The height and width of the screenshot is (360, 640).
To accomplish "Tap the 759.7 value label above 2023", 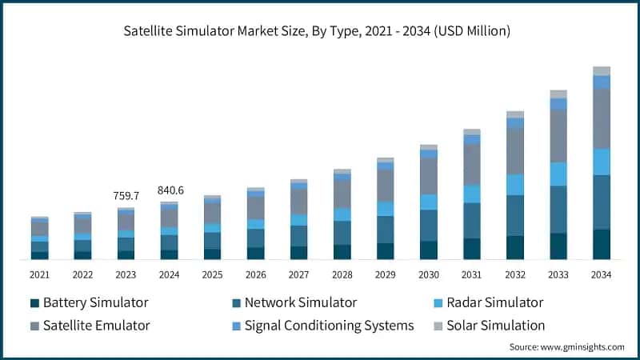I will pyautogui.click(x=126, y=195).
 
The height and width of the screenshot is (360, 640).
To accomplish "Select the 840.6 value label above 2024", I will pyautogui.click(x=169, y=190).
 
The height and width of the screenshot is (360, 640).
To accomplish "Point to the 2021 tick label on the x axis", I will pyautogui.click(x=39, y=274).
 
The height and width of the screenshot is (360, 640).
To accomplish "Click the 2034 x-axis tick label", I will pyautogui.click(x=601, y=274).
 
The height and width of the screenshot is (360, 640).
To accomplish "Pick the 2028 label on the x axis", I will pyautogui.click(x=342, y=274).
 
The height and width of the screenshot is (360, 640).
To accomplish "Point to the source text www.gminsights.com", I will pyautogui.click(x=566, y=347).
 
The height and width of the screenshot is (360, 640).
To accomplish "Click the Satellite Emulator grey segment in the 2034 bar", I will pyautogui.click(x=601, y=118).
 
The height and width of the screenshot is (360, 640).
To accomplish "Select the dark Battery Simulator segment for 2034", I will pyautogui.click(x=601, y=244).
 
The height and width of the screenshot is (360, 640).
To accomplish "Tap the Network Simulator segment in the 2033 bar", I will pyautogui.click(x=558, y=210).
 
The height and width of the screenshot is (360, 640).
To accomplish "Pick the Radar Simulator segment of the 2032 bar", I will pyautogui.click(x=514, y=185).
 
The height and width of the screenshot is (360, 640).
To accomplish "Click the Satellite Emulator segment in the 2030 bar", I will pyautogui.click(x=428, y=176).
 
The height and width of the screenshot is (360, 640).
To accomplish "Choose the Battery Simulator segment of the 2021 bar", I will pyautogui.click(x=39, y=255).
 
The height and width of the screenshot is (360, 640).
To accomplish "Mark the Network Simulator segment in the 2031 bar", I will pyautogui.click(x=471, y=221).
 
